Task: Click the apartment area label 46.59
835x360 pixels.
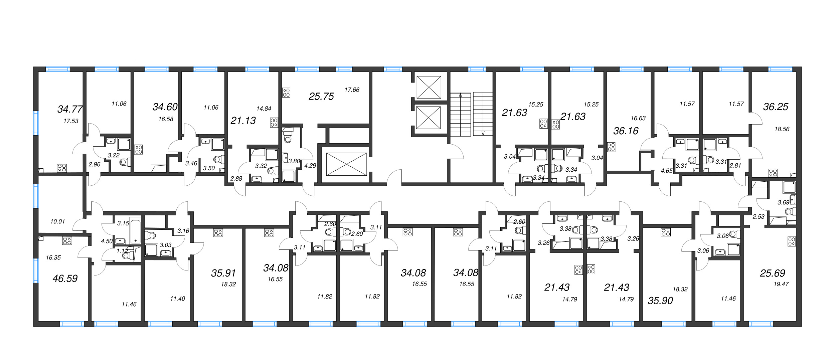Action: tap(65, 279)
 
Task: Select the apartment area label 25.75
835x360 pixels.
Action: tap(321, 97)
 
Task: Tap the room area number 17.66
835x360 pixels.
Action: tap(352, 90)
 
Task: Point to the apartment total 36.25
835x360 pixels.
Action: tap(775, 107)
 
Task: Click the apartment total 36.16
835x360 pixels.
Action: tap(626, 131)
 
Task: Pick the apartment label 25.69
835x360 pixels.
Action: tap(772, 273)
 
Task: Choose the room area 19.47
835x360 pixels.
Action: tap(781, 284)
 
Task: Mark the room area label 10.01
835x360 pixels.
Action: tap(57, 221)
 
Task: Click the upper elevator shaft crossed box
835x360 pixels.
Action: tap(429, 87)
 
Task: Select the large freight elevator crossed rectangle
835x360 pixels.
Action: tap(346, 164)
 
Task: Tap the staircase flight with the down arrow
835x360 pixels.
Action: tap(483, 114)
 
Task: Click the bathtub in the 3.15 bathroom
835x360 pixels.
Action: tap(136, 230)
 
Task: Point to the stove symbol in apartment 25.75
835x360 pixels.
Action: tap(286, 93)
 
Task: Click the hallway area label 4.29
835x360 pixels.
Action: tap(310, 165)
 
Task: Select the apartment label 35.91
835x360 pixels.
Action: tap(223, 273)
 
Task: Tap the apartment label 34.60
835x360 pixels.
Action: tap(165, 107)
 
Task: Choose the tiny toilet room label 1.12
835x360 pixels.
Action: tap(122, 251)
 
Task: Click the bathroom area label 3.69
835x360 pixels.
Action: tap(783, 202)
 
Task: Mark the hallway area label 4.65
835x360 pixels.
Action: tap(666, 171)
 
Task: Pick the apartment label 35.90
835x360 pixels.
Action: tap(660, 301)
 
